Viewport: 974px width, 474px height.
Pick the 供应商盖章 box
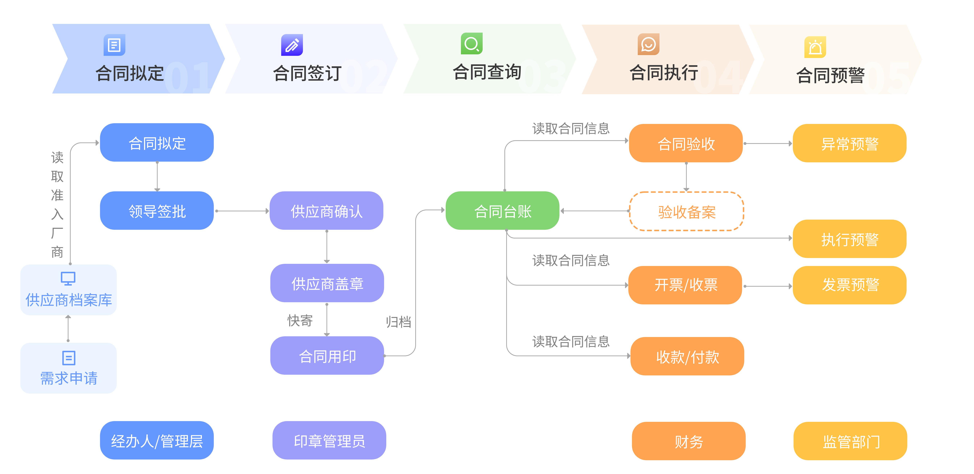327,283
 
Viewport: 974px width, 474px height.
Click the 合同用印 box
327,356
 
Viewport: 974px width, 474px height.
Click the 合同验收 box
686,143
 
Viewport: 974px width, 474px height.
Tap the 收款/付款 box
687,356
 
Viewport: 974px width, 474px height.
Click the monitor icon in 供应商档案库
68,278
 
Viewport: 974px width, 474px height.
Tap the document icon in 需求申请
68,357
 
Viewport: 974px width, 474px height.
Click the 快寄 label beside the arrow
300,321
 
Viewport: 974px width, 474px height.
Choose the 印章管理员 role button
329,440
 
